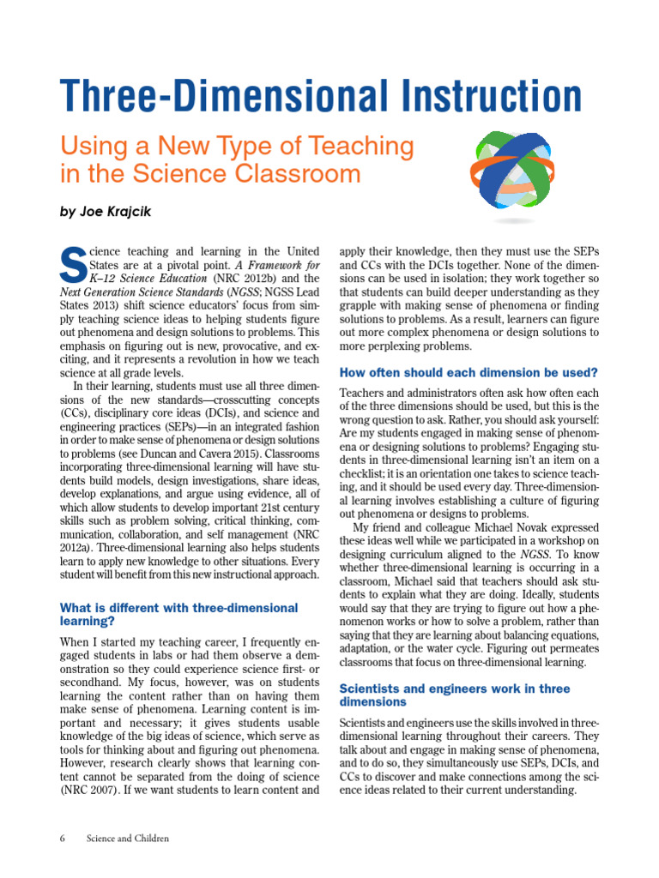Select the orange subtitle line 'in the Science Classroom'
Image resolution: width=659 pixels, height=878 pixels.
coord(210,174)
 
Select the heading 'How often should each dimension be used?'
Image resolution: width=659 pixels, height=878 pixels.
coord(469,373)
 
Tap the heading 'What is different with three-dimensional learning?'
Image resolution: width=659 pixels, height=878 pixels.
coord(178,614)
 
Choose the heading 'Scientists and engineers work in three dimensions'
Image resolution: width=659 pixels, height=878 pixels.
coord(455,695)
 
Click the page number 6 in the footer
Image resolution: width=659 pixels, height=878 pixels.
coord(63,838)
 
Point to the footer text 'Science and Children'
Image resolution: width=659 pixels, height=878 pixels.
coord(127,838)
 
